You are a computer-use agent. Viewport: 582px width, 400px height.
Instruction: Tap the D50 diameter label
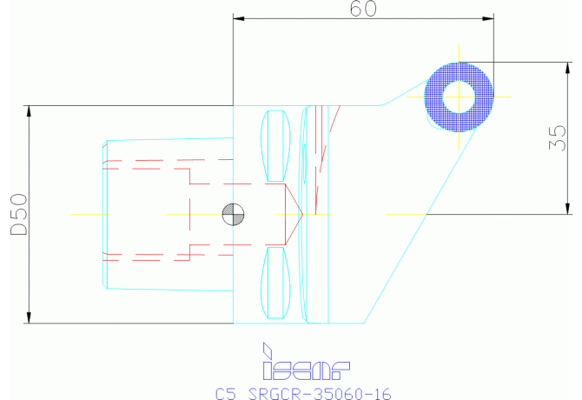[18, 213]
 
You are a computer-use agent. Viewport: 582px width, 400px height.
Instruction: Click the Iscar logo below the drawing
[304, 363]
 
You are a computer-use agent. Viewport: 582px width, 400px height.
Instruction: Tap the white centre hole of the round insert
[459, 96]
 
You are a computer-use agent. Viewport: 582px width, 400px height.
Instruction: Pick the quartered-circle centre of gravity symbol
[233, 213]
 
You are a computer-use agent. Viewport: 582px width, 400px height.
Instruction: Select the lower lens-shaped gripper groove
[277, 283]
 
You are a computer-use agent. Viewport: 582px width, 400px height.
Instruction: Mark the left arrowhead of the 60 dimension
[241, 18]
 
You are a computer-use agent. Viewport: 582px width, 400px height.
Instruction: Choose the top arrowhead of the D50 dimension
[30, 111]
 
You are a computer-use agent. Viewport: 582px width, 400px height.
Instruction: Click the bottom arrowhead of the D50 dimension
[30, 317]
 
